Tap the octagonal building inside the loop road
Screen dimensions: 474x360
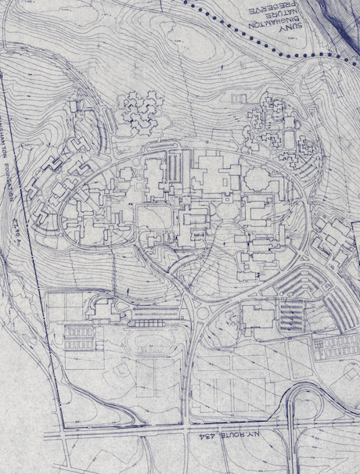click(x=224, y=210)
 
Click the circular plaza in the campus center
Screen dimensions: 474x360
click(x=224, y=210)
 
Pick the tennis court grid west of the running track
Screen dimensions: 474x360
click(x=78, y=338)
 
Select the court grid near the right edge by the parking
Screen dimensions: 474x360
click(x=335, y=345)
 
